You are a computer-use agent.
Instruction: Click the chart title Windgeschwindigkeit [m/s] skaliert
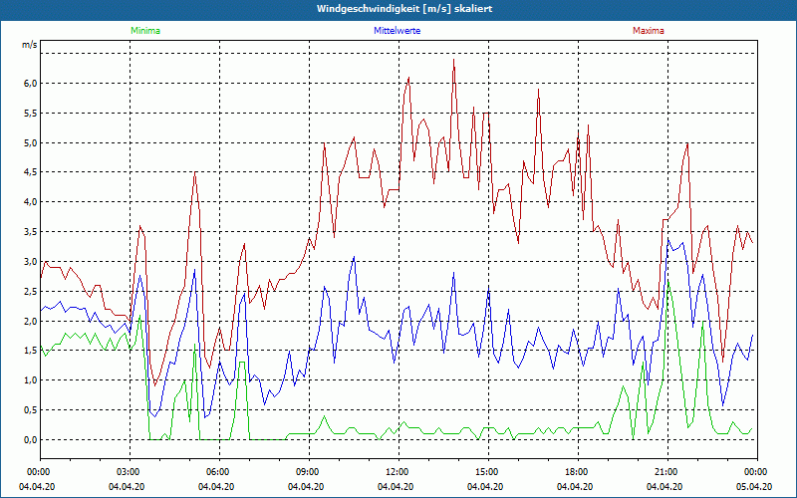click(x=398, y=8)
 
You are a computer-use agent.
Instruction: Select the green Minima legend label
click(x=144, y=31)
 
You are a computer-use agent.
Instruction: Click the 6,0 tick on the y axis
click(x=30, y=83)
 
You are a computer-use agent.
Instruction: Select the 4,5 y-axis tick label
click(x=30, y=172)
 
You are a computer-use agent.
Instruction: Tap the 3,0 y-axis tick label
click(x=30, y=261)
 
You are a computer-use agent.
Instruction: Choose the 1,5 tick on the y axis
click(x=30, y=351)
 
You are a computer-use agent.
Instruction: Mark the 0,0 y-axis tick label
click(x=30, y=439)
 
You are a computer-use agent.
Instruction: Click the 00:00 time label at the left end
click(x=39, y=471)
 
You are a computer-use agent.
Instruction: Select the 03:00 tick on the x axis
click(x=129, y=471)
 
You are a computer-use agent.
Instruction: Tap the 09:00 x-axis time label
click(x=308, y=471)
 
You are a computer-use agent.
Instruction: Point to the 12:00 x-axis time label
click(x=398, y=471)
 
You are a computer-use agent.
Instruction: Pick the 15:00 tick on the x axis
click(x=487, y=471)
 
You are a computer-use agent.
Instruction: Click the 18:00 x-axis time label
click(x=577, y=471)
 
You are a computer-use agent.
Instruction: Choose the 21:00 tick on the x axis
click(x=666, y=471)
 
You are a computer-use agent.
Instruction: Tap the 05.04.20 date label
click(x=756, y=487)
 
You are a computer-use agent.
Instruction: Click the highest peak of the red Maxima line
click(x=453, y=60)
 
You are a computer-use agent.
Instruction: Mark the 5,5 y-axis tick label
click(x=30, y=113)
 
